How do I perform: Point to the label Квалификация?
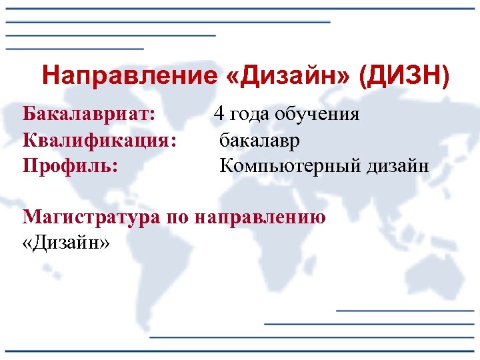pyautogui.click(x=100, y=140)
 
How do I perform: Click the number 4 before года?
pyautogui.click(x=219, y=114)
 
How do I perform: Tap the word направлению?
pyautogui.click(x=261, y=218)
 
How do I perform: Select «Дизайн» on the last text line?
pyautogui.click(x=65, y=243)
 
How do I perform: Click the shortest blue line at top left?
pyautogui.click(x=75, y=49)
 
